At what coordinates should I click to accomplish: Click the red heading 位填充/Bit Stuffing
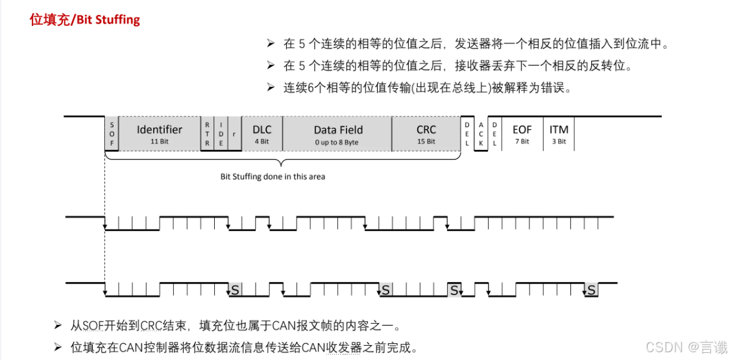(x=85, y=19)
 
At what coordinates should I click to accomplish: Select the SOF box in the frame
(x=112, y=134)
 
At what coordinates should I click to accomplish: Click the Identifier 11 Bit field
(x=159, y=134)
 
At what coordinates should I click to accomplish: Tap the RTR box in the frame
(x=207, y=134)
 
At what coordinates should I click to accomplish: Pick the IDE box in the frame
(x=221, y=134)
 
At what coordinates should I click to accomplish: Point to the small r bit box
(x=234, y=134)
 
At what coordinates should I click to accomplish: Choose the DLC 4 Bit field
(x=262, y=134)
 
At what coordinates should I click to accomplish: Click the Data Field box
(x=337, y=134)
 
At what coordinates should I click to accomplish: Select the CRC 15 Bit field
(x=426, y=134)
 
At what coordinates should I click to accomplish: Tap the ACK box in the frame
(x=481, y=134)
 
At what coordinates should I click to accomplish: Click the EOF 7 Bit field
(x=521, y=134)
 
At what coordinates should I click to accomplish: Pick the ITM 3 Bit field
(x=559, y=134)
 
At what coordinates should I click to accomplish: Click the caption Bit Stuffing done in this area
(x=273, y=176)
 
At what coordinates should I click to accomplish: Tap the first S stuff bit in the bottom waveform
(x=235, y=290)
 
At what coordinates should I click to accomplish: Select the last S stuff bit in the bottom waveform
(x=591, y=290)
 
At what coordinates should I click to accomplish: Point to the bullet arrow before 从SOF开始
(x=58, y=324)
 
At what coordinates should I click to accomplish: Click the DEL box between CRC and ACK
(x=467, y=134)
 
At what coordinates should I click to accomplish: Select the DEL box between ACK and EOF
(x=494, y=134)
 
